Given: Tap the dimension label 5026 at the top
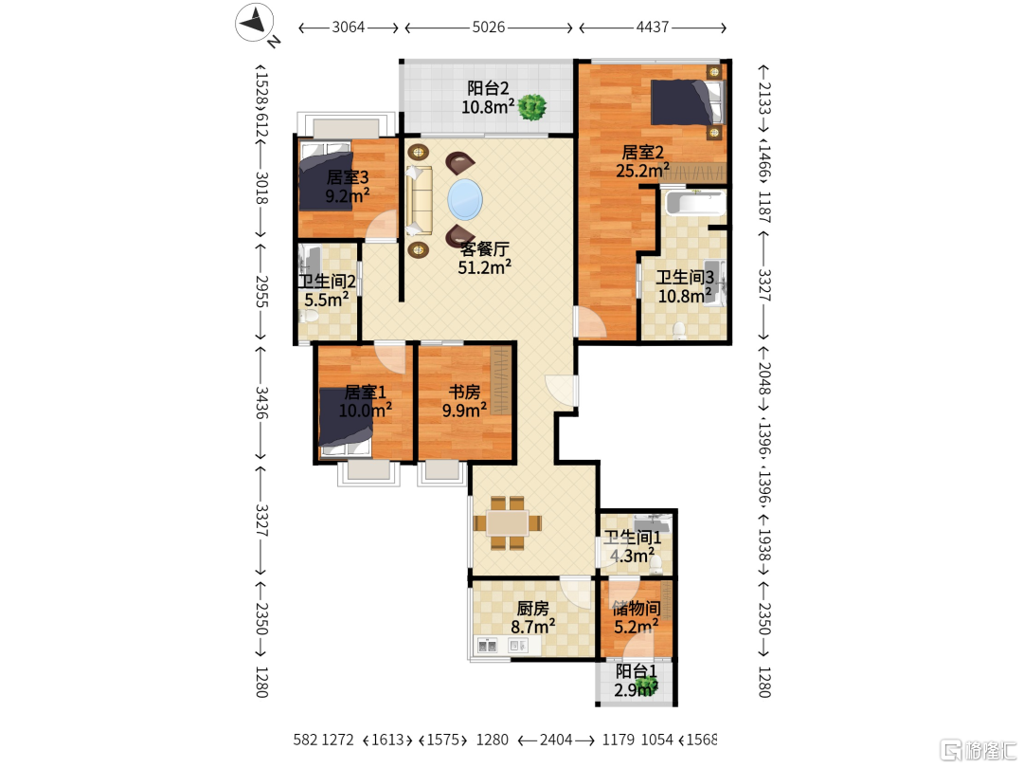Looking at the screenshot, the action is (489, 27).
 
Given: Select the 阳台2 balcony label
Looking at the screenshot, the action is (488, 88).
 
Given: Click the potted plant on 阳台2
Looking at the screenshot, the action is (532, 106).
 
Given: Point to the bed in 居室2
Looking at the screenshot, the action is (688, 101).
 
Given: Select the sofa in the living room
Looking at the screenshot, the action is (419, 200).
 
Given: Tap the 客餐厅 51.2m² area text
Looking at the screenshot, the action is (484, 258).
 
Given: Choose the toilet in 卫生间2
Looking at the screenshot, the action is (309, 317).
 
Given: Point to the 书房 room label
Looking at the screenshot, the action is (464, 392).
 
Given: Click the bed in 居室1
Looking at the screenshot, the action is (345, 420).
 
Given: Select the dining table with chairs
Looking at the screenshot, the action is (508, 523).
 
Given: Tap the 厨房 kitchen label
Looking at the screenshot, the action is (533, 609).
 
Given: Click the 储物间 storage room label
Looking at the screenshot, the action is (637, 609).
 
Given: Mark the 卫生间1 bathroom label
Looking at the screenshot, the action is (632, 538).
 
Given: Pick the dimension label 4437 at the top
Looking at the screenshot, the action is (653, 27).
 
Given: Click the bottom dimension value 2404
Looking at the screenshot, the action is (556, 740).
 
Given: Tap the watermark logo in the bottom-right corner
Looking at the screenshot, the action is (977, 750).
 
